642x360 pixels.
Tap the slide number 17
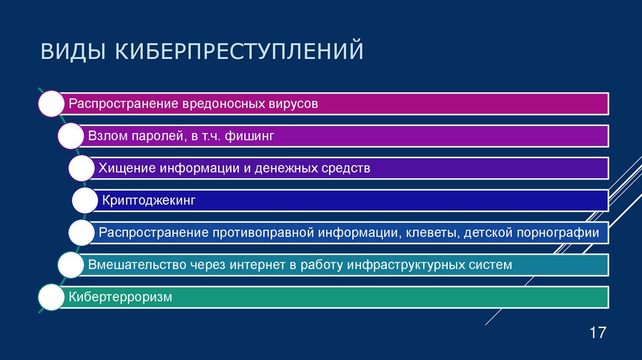(x=597, y=332)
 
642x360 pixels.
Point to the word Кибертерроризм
(x=120, y=297)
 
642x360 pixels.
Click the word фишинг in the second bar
(x=254, y=136)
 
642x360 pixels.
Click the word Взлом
(x=106, y=136)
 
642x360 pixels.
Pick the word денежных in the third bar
(x=297, y=168)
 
